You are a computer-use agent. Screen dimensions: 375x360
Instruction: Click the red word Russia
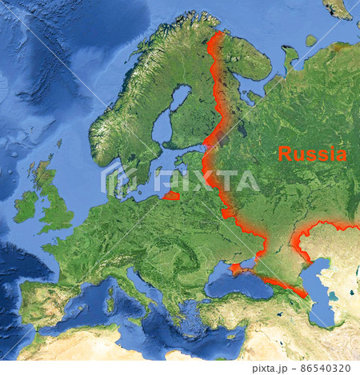(x=312, y=154)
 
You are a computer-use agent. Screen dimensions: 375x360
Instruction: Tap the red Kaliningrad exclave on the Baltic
(x=171, y=195)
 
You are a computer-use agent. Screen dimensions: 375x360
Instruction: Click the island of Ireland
(x=26, y=206)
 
